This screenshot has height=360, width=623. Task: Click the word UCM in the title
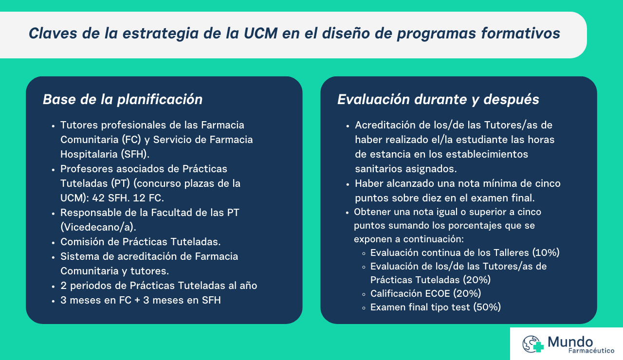tap(260, 34)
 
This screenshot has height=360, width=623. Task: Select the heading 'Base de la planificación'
tap(123, 100)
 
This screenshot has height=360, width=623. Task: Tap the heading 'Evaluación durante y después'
tap(438, 100)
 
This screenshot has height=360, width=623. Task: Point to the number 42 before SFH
tap(98, 198)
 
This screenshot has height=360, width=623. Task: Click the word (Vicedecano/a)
tap(98, 227)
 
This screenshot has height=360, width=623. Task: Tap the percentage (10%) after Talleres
tap(546, 252)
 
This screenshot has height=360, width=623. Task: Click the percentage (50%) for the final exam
tap(487, 307)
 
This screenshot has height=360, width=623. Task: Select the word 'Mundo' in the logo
tap(570, 342)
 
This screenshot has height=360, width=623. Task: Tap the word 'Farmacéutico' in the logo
tap(591, 351)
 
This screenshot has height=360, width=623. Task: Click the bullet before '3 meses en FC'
tap(53, 301)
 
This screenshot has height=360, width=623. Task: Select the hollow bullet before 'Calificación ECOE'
tap(364, 294)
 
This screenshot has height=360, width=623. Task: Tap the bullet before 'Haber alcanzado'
tap(348, 184)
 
